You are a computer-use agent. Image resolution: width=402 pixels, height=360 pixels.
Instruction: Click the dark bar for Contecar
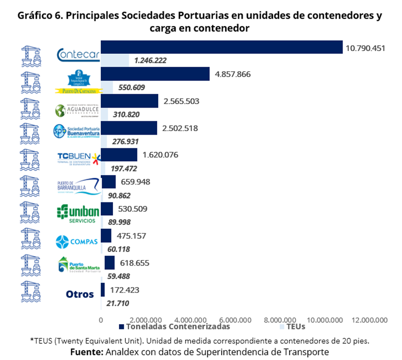pos(221,47)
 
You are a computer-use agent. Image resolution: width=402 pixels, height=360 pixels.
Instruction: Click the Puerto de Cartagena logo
pos(79,82)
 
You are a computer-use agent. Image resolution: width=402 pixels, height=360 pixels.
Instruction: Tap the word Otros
pos(80,294)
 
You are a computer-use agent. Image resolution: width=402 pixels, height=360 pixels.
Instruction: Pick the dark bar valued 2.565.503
pos(129,101)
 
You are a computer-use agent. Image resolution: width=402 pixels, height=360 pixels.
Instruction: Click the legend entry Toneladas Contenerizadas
pos(174,326)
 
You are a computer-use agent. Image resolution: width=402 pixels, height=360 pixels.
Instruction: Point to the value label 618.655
pos(134,263)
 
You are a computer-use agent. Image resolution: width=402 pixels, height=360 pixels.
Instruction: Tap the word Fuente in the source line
pos(86,352)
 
